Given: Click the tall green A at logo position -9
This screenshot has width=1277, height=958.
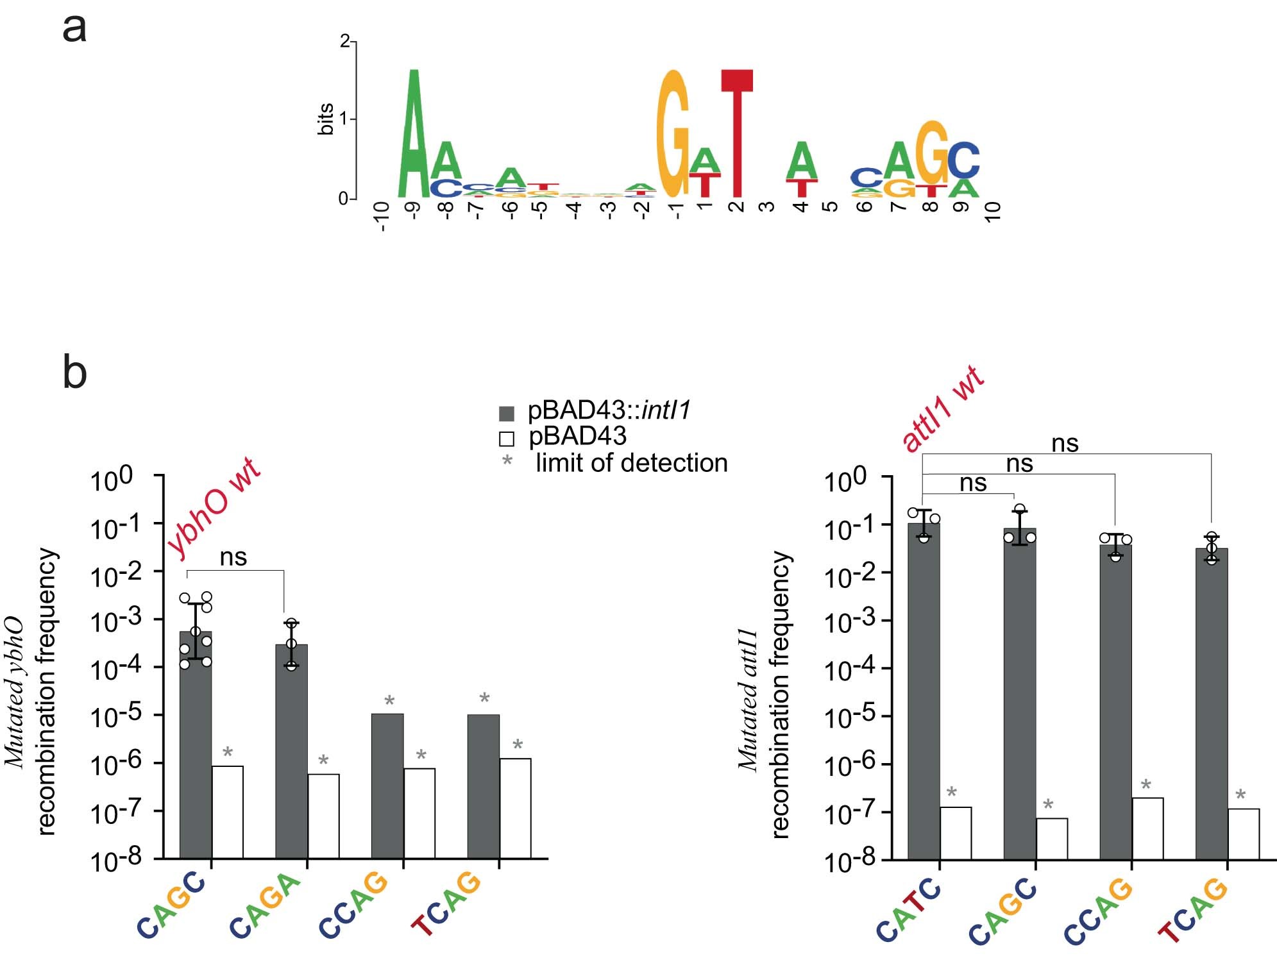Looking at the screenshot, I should click(x=414, y=135).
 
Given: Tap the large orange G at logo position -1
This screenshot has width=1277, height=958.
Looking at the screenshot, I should click(x=673, y=135).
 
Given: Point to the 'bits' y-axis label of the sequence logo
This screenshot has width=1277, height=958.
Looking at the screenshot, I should click(x=326, y=119).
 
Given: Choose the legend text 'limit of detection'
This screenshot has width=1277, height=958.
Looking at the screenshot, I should click(x=631, y=463).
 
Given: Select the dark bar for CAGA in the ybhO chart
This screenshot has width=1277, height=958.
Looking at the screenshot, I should click(x=291, y=750).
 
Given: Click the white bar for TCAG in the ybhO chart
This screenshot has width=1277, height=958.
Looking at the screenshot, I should click(x=515, y=808).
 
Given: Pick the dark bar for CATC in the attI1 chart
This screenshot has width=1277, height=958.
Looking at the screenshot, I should click(x=924, y=693).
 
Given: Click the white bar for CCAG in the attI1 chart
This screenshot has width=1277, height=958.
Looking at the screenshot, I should click(x=1147, y=828).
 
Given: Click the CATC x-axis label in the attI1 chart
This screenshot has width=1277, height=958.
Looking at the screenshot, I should click(x=908, y=909).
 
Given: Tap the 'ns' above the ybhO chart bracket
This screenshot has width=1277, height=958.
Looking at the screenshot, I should click(x=233, y=557).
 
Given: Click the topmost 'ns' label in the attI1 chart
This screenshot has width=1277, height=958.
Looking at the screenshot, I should click(x=1065, y=443).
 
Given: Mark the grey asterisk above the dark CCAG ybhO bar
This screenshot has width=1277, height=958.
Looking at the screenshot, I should click(x=389, y=701).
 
